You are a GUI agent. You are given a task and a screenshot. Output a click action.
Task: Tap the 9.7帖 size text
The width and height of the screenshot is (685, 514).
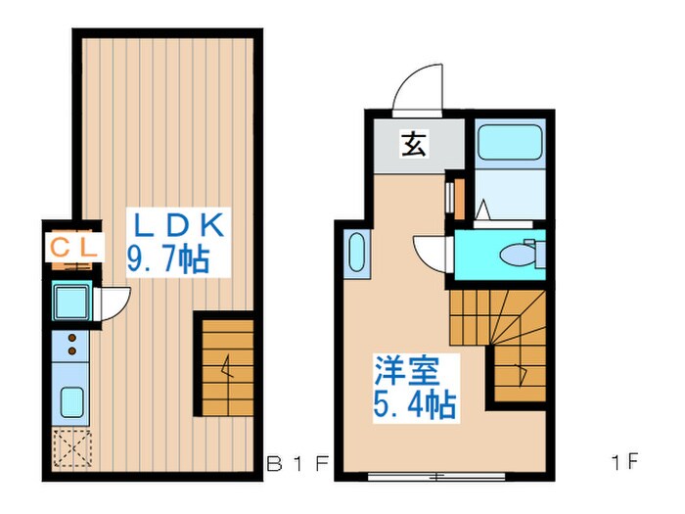(x=171, y=259)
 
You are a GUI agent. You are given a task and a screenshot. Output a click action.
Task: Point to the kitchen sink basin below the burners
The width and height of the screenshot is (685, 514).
(x=71, y=402)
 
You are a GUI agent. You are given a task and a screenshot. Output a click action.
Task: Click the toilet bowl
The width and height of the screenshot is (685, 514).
(x=514, y=256)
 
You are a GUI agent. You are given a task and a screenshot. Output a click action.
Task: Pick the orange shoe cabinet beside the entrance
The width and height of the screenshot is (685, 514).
(x=451, y=196)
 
